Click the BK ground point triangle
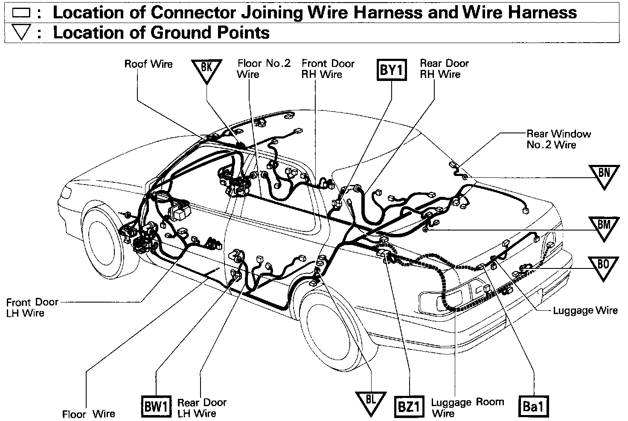206,69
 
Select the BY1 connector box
391,69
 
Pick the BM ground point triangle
604,226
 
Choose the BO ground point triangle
603,266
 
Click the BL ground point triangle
370,402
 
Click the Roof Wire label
148,64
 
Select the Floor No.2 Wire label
264,69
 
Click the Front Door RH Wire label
328,69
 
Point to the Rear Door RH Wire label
444,69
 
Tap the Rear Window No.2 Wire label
558,139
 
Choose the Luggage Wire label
585,310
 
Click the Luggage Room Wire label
467,407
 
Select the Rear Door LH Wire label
202,408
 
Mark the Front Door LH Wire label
32,308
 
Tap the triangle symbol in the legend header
20,33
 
